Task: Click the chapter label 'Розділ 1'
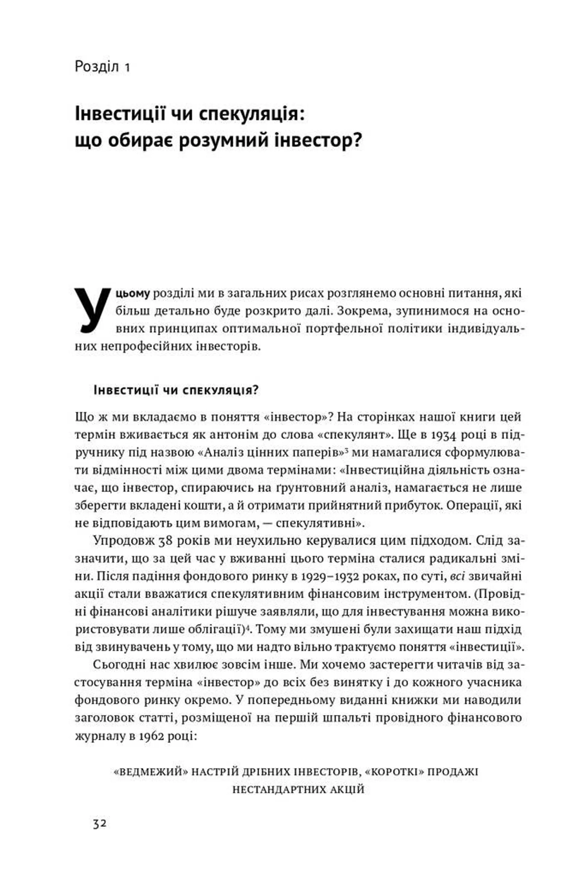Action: pos(102,67)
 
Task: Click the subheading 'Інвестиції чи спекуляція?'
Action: pos(176,390)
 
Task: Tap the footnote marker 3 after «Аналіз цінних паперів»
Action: pos(347,450)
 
